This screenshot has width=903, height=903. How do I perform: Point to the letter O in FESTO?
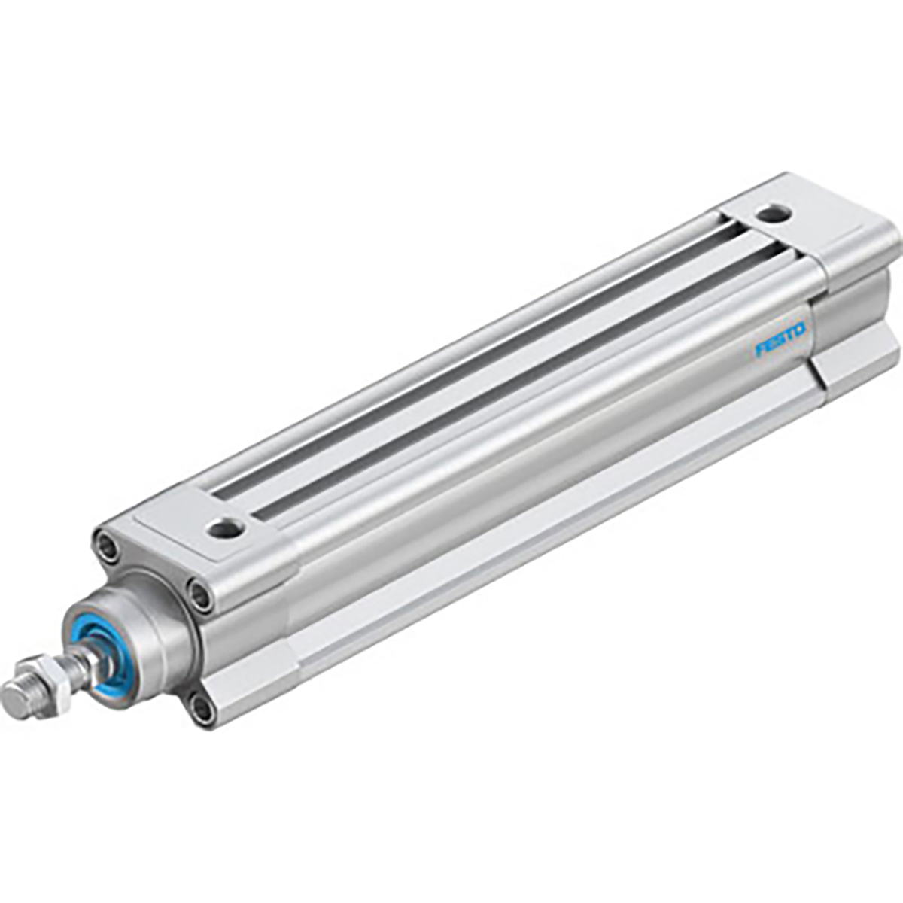point(799,329)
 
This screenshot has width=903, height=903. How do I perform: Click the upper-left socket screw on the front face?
point(106,546)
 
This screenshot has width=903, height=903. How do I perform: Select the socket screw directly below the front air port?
point(202,596)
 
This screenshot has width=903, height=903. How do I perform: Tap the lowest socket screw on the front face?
point(202,707)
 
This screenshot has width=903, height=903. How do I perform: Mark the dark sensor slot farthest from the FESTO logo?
point(467,354)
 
